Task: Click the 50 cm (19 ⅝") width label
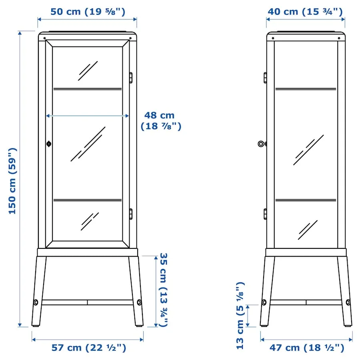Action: [88, 12]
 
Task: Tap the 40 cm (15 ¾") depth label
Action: [305, 12]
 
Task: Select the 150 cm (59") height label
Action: [13, 181]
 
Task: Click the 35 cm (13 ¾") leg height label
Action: [163, 290]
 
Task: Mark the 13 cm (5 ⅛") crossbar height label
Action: [240, 316]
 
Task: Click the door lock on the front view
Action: [49, 144]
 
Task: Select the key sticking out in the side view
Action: [262, 144]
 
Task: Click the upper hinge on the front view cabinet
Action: [130, 78]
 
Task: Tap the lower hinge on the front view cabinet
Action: [130, 214]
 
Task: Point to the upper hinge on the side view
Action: [265, 78]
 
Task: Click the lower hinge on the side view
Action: [265, 214]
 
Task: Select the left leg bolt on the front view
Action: [36, 302]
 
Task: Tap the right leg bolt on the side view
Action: [348, 302]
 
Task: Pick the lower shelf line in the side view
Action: [306, 200]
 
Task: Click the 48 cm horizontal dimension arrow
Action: [88, 116]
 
